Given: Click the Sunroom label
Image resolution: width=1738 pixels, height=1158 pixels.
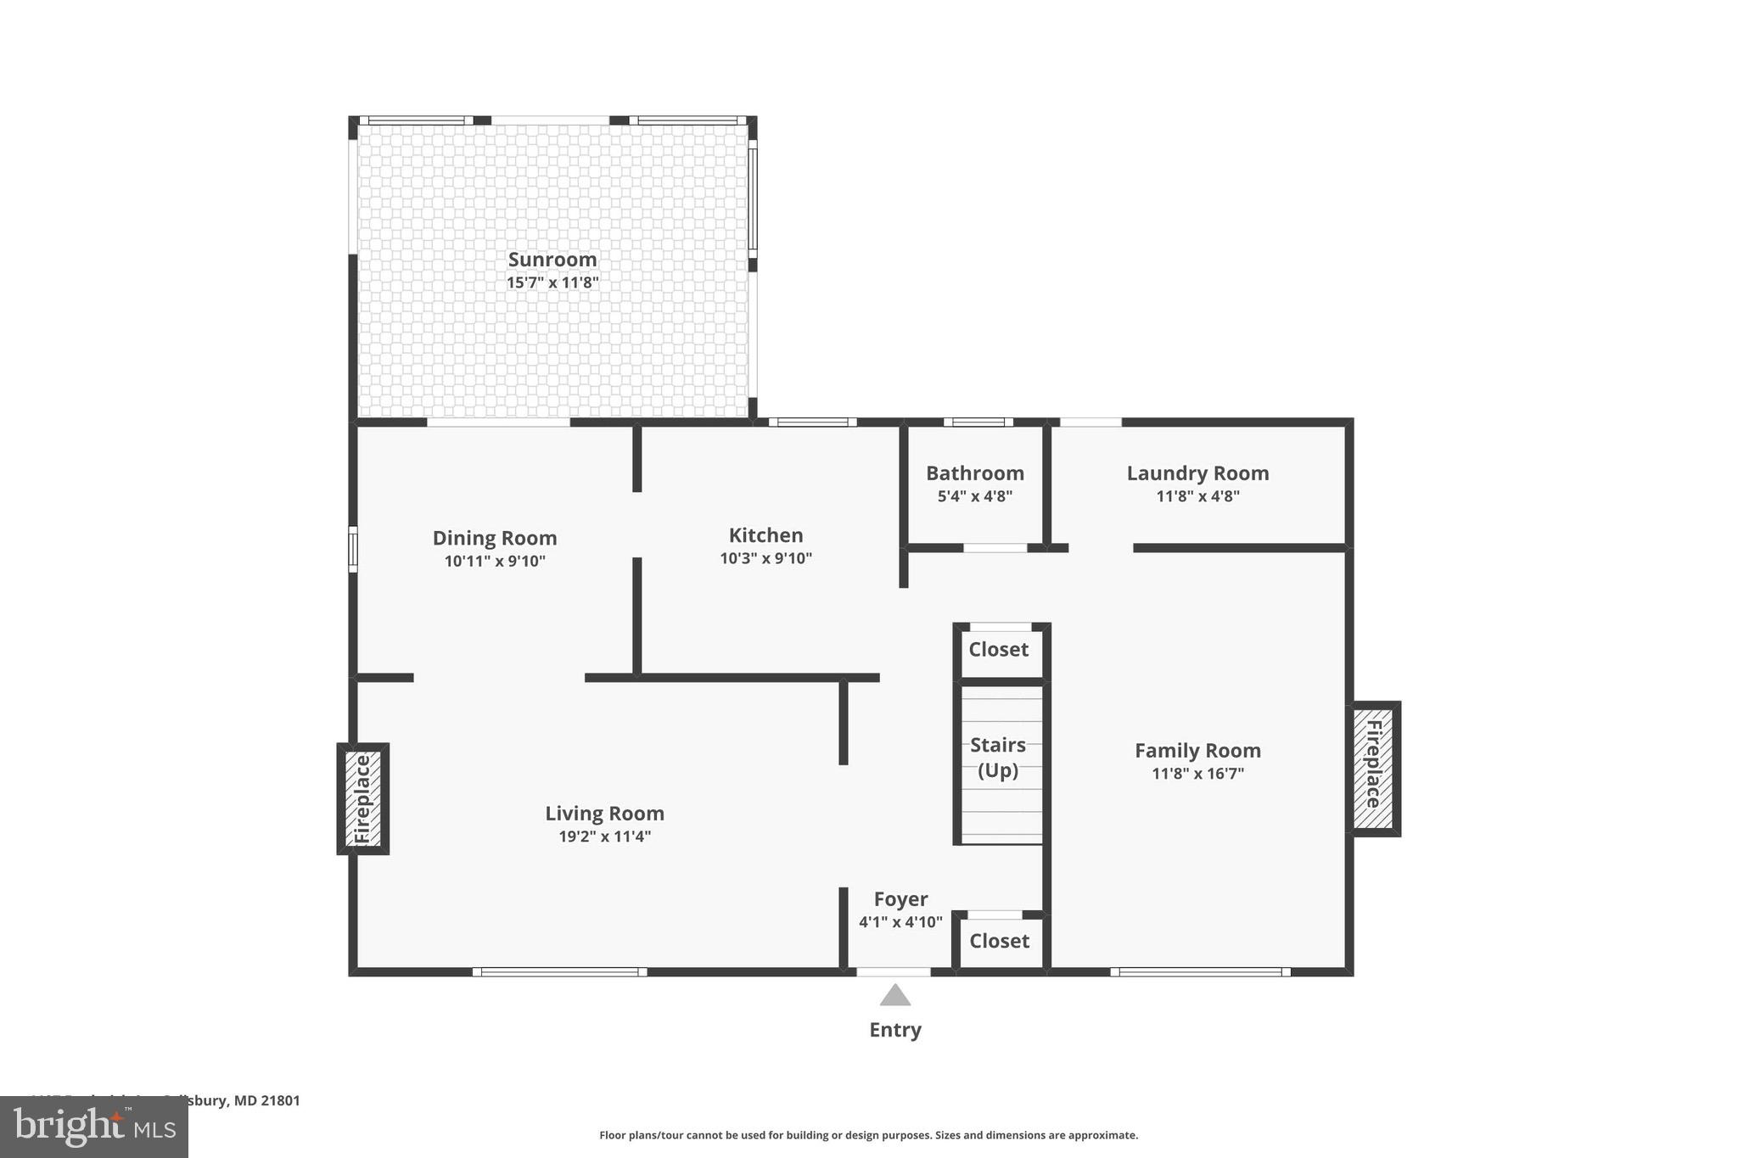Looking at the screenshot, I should click(552, 260).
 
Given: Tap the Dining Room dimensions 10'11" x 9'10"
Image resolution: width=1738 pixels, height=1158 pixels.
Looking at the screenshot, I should click(495, 561).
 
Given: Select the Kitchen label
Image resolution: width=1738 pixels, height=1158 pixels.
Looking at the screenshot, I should click(765, 535).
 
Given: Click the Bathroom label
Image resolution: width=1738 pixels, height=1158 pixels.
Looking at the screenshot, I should click(974, 473).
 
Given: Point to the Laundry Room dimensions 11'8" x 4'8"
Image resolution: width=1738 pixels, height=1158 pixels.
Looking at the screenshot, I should click(1197, 496).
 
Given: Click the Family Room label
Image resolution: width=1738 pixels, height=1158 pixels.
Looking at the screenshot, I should click(1197, 751).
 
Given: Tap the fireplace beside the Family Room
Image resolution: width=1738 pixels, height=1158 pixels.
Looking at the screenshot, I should click(1374, 769).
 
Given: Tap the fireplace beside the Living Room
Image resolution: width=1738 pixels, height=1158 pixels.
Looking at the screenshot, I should click(363, 799).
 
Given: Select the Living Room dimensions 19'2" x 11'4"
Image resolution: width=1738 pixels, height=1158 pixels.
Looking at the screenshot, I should click(604, 836).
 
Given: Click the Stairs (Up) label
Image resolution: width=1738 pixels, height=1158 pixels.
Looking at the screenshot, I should click(998, 758).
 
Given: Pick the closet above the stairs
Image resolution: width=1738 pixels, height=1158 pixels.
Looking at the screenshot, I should click(999, 650).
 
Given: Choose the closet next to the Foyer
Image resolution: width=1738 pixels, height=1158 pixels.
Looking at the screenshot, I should click(999, 941).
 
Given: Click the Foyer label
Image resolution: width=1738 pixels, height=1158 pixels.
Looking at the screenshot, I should click(900, 899).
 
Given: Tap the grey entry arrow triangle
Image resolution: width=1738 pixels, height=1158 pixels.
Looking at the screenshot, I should click(894, 996).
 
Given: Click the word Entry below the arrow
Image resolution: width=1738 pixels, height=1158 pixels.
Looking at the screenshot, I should click(894, 1030).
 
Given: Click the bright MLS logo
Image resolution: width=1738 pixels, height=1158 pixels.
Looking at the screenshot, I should click(93, 1127).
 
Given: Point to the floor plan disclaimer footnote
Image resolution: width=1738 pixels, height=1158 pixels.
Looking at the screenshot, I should click(868, 1135).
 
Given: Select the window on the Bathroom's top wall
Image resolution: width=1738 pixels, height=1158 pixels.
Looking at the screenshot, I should click(978, 422).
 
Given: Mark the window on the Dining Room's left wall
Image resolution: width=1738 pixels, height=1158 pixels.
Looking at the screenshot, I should click(353, 549).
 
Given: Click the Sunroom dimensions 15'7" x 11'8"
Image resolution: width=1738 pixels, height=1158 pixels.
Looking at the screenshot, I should click(552, 283).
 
